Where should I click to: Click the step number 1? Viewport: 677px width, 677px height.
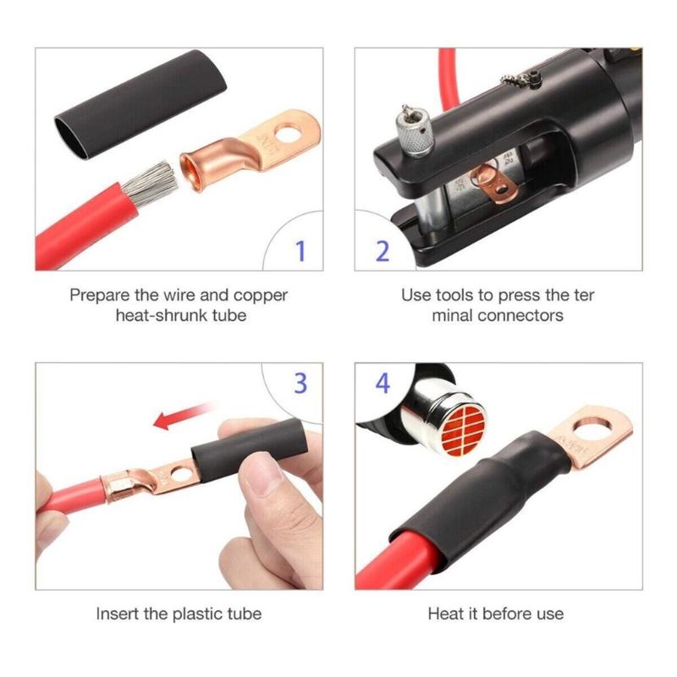tap(300, 250)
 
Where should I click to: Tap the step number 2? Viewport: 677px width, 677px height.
tap(382, 250)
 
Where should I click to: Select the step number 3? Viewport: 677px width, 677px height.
tap(300, 383)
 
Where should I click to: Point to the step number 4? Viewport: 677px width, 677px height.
tap(383, 383)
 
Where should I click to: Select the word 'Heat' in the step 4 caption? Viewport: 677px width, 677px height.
tap(445, 614)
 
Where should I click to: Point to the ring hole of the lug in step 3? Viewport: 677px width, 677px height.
tap(177, 466)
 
